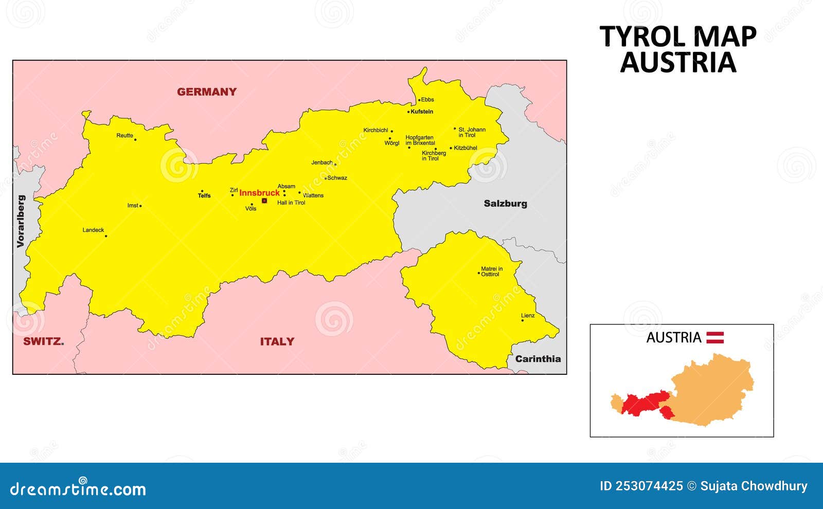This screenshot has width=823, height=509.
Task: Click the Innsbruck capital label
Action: pyautogui.click(x=259, y=193)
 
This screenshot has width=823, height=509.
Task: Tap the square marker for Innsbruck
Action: pyautogui.click(x=264, y=201)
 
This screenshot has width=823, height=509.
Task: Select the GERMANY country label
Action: pyautogui.click(x=207, y=92)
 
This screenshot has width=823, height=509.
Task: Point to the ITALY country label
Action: pyautogui.click(x=277, y=341)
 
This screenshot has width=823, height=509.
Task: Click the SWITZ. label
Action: pyautogui.click(x=43, y=341)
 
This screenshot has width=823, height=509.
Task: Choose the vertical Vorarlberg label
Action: pyautogui.click(x=21, y=221)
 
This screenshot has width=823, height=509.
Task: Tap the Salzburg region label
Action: pyautogui.click(x=505, y=204)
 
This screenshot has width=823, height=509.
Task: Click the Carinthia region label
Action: pyautogui.click(x=538, y=359)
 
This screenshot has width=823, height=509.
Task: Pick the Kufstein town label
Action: pyautogui.click(x=422, y=112)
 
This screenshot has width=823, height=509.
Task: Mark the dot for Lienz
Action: pyautogui.click(x=523, y=320)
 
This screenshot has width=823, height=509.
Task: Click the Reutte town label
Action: pyautogui.click(x=124, y=136)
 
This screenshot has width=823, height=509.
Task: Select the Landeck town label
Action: pyautogui.click(x=93, y=230)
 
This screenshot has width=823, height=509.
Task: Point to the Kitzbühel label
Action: pyautogui.click(x=466, y=148)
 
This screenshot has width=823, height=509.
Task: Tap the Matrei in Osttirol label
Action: pyautogui.click(x=492, y=271)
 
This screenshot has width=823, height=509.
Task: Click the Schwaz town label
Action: pyautogui.click(x=337, y=178)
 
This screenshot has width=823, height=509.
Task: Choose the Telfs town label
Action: pyautogui.click(x=204, y=195)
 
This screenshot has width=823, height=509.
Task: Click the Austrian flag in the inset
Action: pyautogui.click(x=714, y=338)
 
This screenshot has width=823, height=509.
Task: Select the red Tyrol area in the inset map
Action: pyautogui.click(x=643, y=403)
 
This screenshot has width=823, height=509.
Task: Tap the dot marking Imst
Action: pyautogui.click(x=140, y=206)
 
